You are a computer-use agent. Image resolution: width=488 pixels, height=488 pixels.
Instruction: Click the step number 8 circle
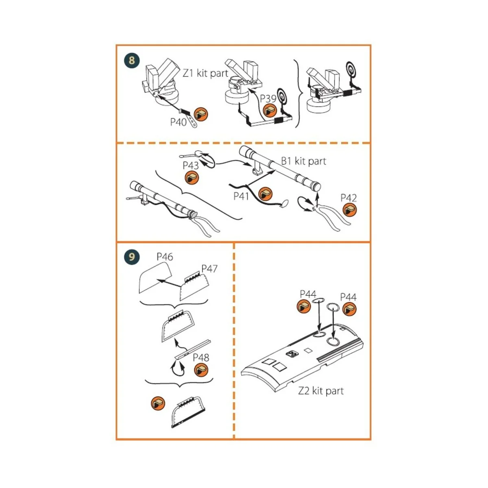coord(132,61)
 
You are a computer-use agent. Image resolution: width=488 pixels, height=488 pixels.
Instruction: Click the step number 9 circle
coord(132,257)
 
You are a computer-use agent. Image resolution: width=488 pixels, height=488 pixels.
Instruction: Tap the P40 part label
coord(178,122)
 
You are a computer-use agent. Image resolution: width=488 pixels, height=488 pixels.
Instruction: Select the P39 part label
coord(268,98)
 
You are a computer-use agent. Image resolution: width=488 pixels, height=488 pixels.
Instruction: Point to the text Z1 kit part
coord(205,73)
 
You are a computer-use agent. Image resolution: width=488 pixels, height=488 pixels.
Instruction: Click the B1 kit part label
coord(304,161)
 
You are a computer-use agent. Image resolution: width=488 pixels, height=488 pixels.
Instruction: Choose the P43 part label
coord(190,166)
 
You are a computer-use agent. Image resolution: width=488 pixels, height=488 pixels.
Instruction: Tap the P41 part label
coord(241,196)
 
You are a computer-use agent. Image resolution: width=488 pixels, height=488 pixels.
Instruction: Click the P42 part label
coord(349,198)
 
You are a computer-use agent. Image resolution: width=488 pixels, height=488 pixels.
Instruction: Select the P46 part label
coord(165,257)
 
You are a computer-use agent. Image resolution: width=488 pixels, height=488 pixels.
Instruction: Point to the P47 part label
coord(209,269)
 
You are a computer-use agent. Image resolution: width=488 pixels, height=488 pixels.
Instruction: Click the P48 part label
coord(201,357)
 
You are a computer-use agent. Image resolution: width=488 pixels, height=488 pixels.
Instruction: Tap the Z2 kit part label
coord(321,391)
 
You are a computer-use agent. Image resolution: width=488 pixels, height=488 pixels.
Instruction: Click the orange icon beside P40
coord(200,115)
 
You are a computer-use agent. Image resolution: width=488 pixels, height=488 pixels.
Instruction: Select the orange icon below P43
coord(191,178)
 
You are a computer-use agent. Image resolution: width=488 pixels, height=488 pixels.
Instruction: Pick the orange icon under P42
coord(349,210)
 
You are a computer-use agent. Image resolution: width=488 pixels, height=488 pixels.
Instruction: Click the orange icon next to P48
coord(201,370)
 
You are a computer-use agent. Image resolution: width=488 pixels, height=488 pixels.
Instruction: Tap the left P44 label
coord(308,294)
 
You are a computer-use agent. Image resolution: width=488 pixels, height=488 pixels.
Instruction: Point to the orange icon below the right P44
coord(349,309)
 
